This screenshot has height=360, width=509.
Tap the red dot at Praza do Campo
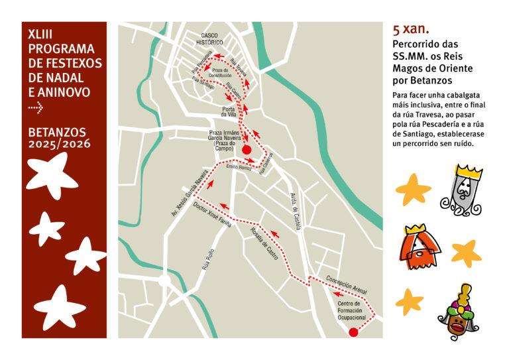(x=247, y=150)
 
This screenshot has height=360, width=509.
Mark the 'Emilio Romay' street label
(x=239, y=167)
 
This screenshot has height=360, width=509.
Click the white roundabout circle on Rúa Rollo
(x=164, y=282)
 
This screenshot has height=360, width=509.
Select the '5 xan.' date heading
(x=411, y=29)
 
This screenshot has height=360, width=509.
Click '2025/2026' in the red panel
(x=60, y=143)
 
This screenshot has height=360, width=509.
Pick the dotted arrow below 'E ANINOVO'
(x=36, y=105)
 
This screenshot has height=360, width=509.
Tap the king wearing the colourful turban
(x=459, y=312)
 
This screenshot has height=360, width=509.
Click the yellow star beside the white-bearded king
(x=414, y=190)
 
